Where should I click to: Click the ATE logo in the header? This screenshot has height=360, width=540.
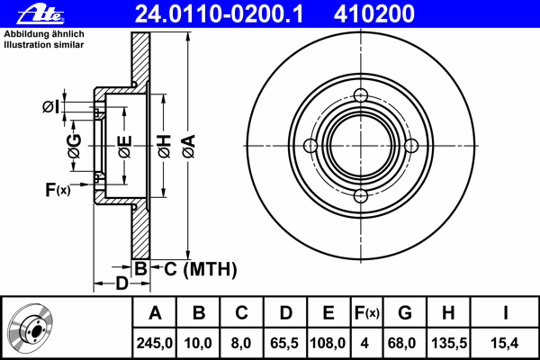coord(40,14)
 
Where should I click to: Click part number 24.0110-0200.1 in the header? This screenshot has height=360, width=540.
coord(219,14)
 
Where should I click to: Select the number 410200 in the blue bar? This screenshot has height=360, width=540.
coord(374,14)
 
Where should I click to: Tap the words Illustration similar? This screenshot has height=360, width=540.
coord(44,45)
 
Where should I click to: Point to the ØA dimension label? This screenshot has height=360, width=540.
coord(189,147)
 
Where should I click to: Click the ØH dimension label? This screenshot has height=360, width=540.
coord(165,147)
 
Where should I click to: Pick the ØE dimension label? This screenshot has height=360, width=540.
coord(125,147)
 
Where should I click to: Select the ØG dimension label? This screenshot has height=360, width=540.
coord(75,146)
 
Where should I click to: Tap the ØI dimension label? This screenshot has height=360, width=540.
coord(51,107)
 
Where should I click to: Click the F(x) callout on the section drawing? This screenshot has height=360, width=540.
coord(58,190)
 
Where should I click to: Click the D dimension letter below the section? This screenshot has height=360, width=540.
coord(121,283)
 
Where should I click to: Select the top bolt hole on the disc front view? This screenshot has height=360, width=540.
coord(361,95)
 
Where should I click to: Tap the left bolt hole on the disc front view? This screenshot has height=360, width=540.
coord(310,146)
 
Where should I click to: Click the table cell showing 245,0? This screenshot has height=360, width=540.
coord(154,343)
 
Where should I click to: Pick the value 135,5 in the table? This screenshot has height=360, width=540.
coord(449,343)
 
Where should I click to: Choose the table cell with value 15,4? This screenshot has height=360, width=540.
coord(505,343)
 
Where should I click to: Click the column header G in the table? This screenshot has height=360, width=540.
coord(405,313)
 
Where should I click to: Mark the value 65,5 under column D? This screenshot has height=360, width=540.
coord(284,343)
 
